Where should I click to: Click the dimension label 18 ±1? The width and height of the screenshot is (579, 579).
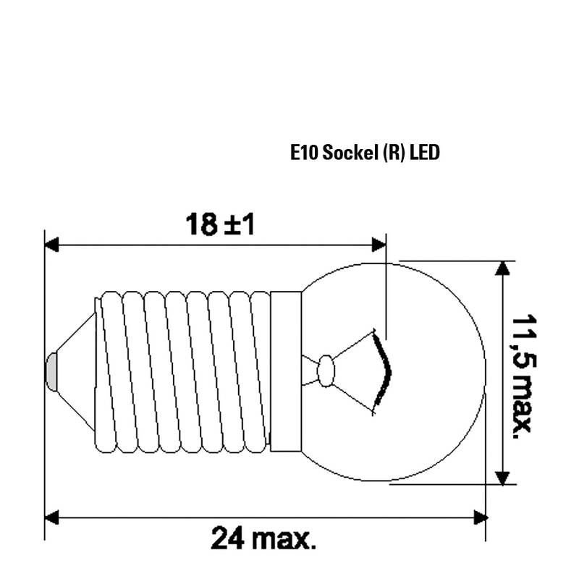(x=220, y=224)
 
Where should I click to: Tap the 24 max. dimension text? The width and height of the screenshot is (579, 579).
(x=263, y=538)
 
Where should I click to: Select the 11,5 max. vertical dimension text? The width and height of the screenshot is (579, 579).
(x=523, y=376)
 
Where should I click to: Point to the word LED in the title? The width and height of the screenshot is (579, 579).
(x=425, y=152)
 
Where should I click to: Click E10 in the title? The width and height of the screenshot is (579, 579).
(x=304, y=153)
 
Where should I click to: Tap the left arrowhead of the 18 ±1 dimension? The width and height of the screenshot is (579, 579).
(x=51, y=245)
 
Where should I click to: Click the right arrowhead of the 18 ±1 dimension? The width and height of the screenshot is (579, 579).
(x=379, y=245)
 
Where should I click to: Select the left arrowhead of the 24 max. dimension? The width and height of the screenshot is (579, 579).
(x=51, y=517)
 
